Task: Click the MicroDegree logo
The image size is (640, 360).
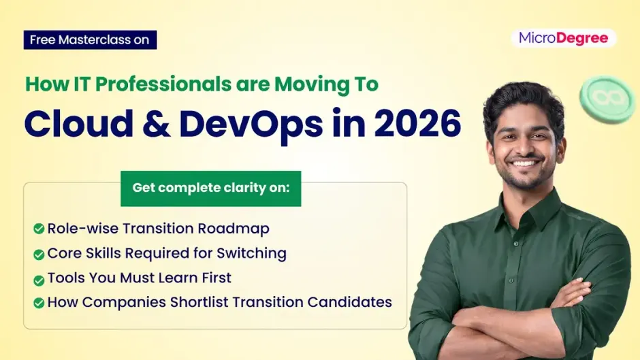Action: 563,38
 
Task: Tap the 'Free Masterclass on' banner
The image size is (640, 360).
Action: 90,40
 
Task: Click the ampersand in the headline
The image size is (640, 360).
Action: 156,123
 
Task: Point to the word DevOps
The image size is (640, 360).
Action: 251,125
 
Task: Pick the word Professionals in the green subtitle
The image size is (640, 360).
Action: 163,84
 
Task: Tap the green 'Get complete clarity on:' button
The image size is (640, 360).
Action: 210,189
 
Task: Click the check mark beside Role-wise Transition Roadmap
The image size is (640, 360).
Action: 39,229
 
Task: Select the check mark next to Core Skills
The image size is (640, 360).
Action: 39,255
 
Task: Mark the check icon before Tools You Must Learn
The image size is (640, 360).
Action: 39,280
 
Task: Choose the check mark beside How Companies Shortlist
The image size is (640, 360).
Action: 39,303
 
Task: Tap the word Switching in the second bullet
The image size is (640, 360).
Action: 251,254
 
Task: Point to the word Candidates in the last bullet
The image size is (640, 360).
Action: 349,302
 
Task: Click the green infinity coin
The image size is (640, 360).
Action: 607,99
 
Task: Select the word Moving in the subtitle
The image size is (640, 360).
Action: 301,85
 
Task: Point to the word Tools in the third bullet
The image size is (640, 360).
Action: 66,278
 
